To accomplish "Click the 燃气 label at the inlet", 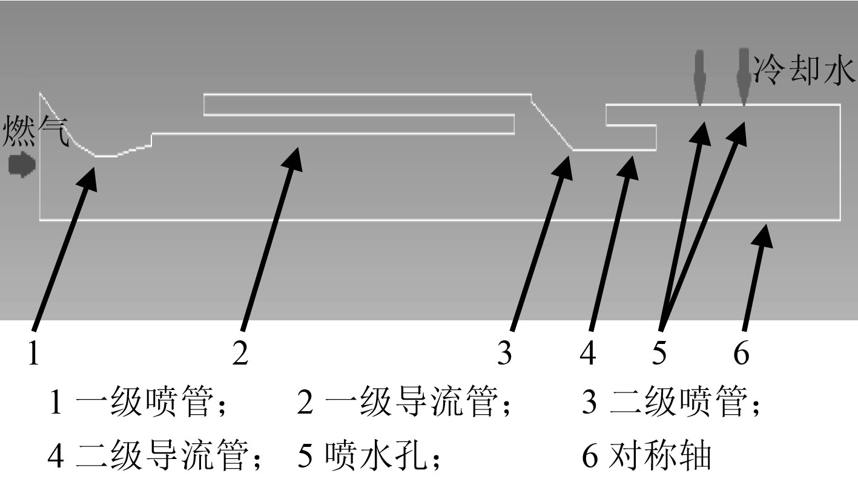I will tap(36, 133).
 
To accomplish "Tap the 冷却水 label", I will tap(804, 71).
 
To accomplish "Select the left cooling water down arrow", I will tap(699, 77).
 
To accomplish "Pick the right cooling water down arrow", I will tap(743, 77).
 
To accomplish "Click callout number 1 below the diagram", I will tap(33, 353).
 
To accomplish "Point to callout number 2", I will tap(240, 353).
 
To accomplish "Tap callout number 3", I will tap(504, 353).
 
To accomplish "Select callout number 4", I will tap(587, 353).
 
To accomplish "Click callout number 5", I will tap(659, 353).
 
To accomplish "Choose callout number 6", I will tap(741, 353).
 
